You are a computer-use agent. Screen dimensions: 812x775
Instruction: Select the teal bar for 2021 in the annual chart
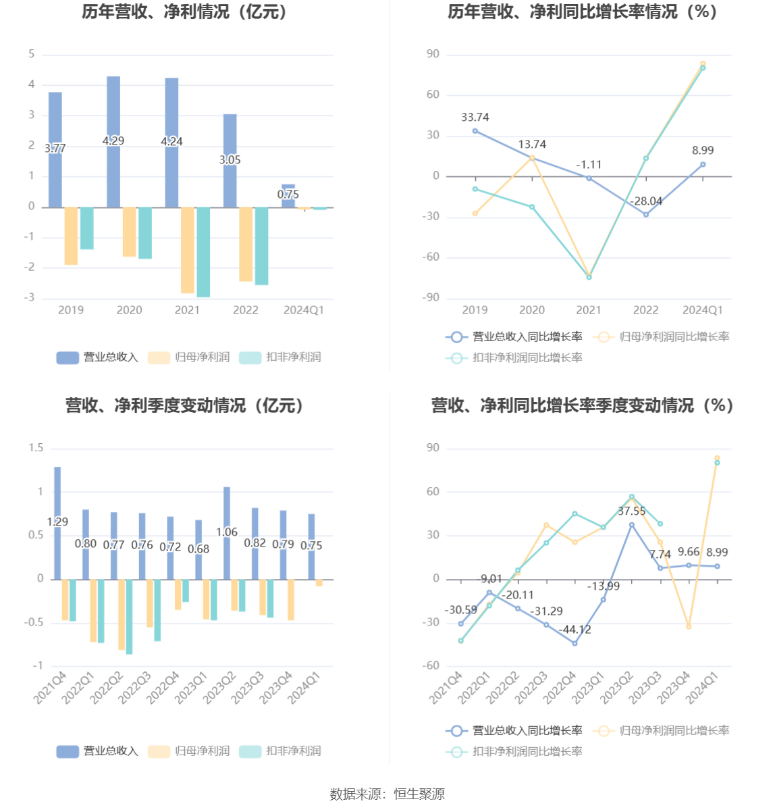(203, 251)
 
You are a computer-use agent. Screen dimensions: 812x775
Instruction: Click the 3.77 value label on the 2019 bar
(55, 149)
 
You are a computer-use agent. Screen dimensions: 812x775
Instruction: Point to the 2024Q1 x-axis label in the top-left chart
(304, 310)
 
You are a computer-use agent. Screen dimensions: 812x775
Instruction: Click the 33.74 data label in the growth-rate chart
(475, 118)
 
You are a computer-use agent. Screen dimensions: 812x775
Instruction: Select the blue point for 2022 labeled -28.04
(646, 215)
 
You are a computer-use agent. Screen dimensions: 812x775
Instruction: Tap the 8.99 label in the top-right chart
(703, 151)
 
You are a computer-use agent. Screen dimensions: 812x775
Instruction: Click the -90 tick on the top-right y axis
(431, 298)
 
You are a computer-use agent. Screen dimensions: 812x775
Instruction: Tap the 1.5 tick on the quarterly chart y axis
(36, 449)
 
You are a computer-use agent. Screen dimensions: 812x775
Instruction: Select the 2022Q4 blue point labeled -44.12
(575, 643)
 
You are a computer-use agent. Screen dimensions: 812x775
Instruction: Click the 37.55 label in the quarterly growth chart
(632, 511)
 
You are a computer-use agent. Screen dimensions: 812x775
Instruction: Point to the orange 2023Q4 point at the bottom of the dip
(689, 627)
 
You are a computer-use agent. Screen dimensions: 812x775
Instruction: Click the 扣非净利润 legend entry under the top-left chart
(281, 357)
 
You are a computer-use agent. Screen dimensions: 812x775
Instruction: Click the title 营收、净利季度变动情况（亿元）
(184, 406)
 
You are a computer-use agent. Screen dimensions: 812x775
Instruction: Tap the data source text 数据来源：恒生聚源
(387, 794)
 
